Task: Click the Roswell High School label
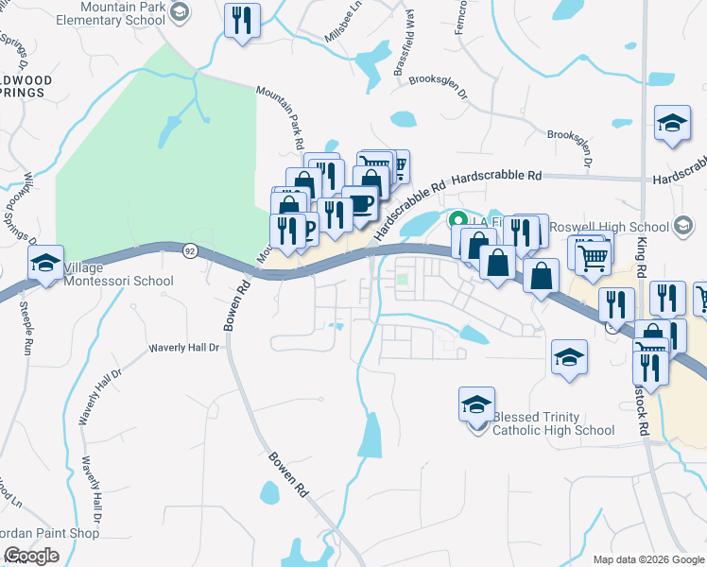(x=610, y=227)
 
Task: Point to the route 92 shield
(x=191, y=250)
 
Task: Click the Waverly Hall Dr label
(x=183, y=348)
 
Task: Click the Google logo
(x=31, y=556)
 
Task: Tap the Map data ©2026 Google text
(x=648, y=559)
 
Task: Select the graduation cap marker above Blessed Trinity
(x=476, y=404)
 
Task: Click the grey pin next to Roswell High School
(x=683, y=227)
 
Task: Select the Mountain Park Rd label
(x=292, y=121)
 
